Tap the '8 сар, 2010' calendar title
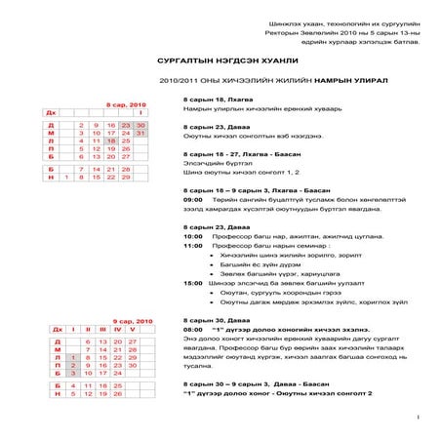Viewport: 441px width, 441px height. click(x=124, y=103)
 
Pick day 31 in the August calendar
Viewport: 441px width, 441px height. click(x=140, y=133)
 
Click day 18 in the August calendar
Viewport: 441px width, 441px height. click(x=111, y=140)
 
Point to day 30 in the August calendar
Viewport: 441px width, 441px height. click(x=140, y=125)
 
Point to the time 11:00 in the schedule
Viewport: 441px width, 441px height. click(x=192, y=245)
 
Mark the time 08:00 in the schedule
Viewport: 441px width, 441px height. click(x=192, y=330)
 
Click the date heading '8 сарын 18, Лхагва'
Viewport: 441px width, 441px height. click(x=214, y=100)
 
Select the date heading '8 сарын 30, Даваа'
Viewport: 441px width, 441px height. click(x=212, y=320)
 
